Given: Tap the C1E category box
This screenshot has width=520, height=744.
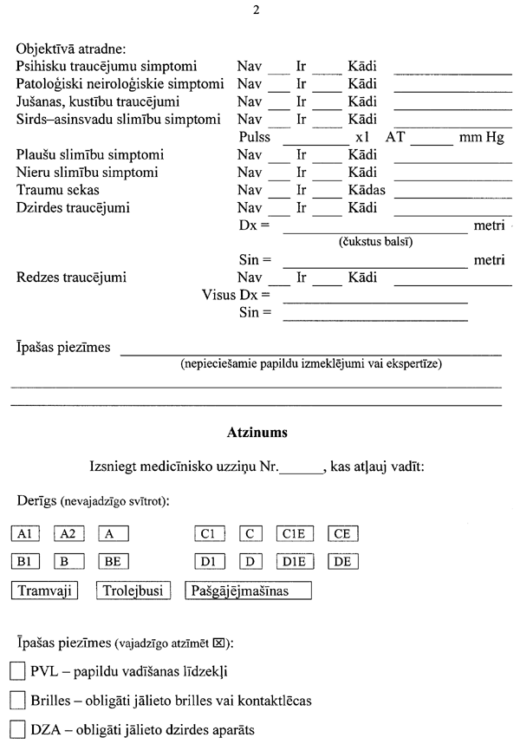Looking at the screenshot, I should (295, 535).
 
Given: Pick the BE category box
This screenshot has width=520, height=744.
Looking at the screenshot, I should (114, 562).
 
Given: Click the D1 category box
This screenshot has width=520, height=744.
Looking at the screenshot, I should (209, 562).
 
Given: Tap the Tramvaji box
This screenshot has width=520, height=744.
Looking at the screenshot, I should (44, 591).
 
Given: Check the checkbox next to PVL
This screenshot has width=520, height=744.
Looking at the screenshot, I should (17, 671).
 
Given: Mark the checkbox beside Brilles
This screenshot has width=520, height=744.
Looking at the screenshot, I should (17, 699).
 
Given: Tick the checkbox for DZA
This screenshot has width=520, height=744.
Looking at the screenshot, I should (17, 728).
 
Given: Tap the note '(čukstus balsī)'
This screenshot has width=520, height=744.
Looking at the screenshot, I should (374, 241).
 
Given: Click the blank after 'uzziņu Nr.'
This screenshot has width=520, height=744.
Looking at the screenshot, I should (301, 469).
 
